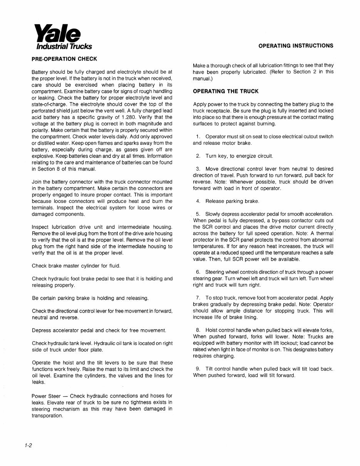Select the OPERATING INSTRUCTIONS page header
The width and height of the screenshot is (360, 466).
296,45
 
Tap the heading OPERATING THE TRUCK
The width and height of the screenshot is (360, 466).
226,91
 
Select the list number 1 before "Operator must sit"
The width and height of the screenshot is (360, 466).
198,137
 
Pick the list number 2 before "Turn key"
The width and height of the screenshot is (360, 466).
198,156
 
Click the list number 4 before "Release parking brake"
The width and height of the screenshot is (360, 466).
198,201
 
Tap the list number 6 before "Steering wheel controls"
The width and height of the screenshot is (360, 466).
198,272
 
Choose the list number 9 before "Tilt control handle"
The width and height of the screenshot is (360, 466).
198,369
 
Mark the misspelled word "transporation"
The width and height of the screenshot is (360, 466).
47,416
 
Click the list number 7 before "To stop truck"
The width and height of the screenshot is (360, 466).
198,298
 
